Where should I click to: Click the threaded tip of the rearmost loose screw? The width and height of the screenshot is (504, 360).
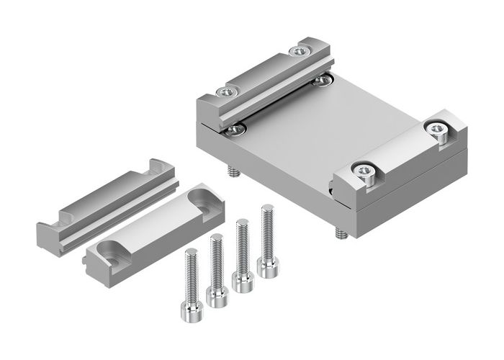267,210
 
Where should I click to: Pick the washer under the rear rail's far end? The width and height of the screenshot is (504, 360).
322,78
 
